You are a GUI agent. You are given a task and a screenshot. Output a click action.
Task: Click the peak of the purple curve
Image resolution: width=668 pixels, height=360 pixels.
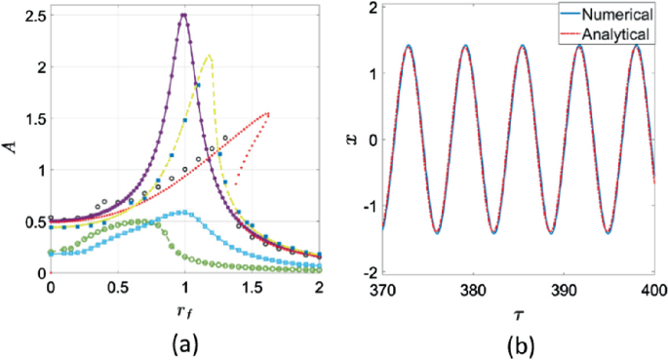pyautogui.click(x=184, y=15)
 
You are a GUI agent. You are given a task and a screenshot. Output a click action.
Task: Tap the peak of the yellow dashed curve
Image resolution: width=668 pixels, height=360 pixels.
pyautogui.click(x=208, y=56)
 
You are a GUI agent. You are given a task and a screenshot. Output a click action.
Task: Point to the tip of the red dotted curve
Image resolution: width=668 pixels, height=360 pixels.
pyautogui.click(x=268, y=113)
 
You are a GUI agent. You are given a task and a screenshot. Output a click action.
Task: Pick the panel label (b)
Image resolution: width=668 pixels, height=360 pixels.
pyautogui.click(x=515, y=343)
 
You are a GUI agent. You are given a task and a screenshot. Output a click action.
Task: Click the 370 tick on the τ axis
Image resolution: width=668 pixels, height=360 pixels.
pyautogui.click(x=372, y=290)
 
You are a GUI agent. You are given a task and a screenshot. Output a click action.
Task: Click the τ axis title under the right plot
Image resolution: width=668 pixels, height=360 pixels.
pyautogui.click(x=512, y=315)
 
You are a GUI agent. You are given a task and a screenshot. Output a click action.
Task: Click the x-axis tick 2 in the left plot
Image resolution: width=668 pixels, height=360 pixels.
pyautogui.click(x=320, y=290)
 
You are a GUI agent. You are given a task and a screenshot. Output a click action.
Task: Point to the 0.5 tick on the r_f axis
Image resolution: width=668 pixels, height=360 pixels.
pyautogui.click(x=116, y=290)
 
